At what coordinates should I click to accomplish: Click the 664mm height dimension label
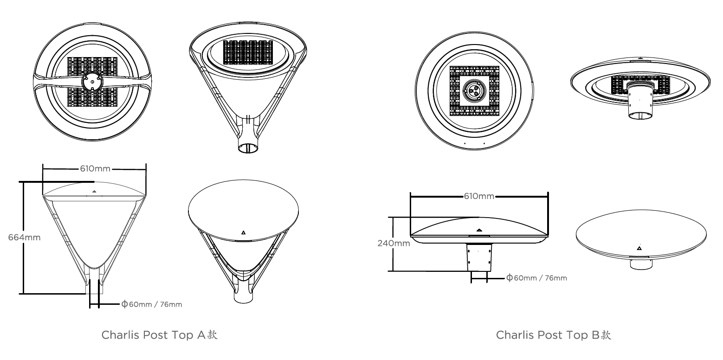point(24,238)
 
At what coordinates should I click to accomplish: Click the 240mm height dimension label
point(394,243)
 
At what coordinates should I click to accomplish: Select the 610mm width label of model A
point(95,168)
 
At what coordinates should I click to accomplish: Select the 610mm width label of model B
point(479,196)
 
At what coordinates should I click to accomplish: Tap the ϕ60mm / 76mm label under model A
point(151,304)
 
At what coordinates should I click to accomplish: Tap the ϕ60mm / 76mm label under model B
point(536,278)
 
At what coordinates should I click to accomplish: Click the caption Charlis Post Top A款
point(160,335)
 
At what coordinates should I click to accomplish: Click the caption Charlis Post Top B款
point(554,335)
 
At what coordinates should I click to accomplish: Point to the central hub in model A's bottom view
point(92,82)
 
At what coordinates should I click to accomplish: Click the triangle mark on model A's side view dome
point(94,191)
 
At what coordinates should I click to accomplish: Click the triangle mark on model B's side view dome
point(479,229)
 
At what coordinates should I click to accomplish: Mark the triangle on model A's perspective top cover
point(243,232)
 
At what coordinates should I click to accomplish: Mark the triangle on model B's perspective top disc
point(639,248)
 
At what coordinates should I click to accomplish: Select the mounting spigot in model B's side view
point(479,257)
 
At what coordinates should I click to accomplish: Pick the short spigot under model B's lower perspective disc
point(641,263)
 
